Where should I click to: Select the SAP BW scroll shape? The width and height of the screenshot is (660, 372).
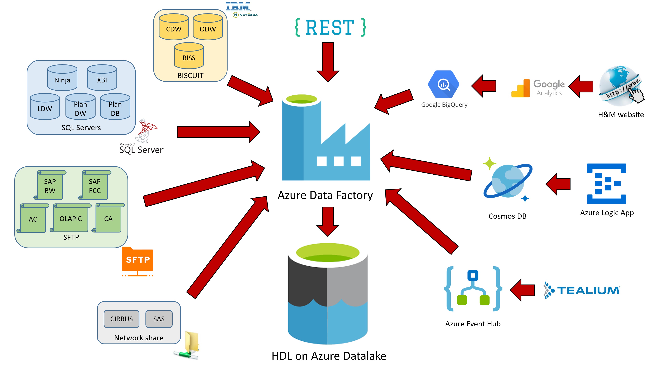point(50,185)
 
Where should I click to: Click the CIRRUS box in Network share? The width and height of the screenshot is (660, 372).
point(121,319)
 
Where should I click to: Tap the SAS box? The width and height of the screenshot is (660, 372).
point(159,319)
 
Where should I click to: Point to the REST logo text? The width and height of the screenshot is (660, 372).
point(330,27)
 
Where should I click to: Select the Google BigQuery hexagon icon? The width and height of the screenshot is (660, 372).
point(444,84)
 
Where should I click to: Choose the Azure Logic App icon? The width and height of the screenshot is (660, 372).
point(606,184)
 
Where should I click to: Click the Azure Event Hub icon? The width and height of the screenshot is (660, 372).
point(473,289)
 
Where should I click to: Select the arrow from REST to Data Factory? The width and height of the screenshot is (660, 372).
point(328,62)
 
